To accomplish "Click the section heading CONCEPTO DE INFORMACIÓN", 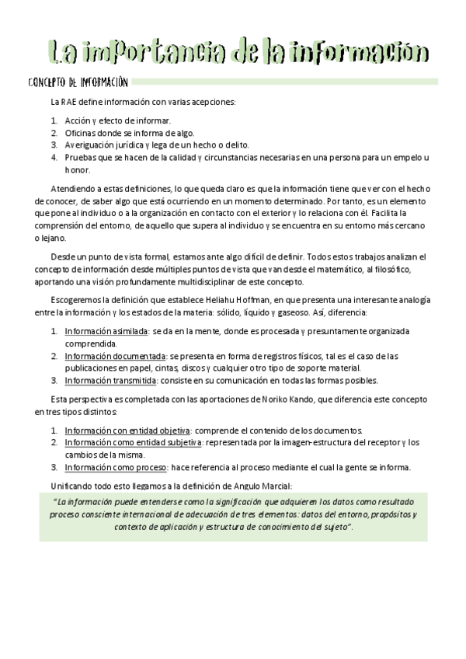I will coord(77,82).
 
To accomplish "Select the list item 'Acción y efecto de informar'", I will coord(117,121).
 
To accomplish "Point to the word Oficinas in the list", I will coord(82,133).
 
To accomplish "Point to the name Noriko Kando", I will coord(281,399).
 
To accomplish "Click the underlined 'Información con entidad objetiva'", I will coord(127,430).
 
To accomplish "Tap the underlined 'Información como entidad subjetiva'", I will coord(134,442).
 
